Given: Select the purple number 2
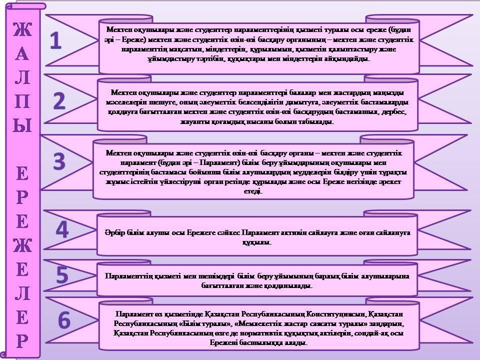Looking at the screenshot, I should tap(59, 101).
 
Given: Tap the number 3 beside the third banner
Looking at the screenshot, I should tap(59, 161).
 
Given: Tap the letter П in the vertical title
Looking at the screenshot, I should tap(21, 102).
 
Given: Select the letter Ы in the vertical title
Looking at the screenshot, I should tap(21, 126).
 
